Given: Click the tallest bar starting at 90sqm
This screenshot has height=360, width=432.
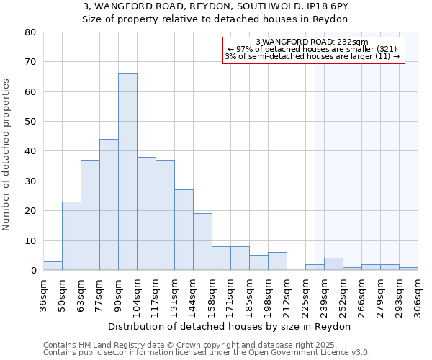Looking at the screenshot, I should [127, 172].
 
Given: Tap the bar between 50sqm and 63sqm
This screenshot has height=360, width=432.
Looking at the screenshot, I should [71, 236].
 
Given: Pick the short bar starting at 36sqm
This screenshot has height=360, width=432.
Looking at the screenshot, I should [53, 266].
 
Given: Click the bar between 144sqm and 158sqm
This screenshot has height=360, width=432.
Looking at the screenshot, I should [202, 242].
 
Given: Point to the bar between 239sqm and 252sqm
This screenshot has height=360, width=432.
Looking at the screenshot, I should [333, 264].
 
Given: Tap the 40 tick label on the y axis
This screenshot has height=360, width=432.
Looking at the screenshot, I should [30, 151].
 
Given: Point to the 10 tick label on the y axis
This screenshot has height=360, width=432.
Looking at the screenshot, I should [30, 240].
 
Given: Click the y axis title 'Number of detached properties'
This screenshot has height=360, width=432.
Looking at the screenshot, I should [6, 156].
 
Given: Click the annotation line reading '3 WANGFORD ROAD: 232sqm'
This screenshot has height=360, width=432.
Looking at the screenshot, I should [312, 42].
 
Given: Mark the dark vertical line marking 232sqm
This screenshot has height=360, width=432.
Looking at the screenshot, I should [315, 166].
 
